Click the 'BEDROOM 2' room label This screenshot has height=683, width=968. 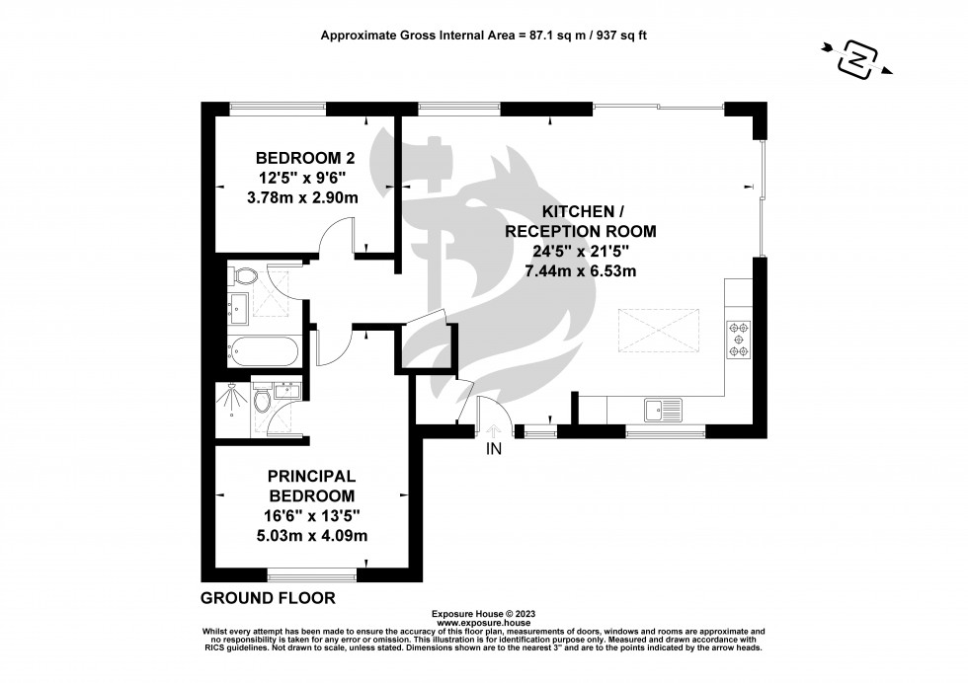[x=305, y=158]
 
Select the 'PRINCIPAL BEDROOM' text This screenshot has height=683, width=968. [x=311, y=486]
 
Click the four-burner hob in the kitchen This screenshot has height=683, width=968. [x=738, y=339]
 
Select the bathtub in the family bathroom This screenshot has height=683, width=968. [x=261, y=348]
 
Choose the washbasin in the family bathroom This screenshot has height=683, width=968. [x=238, y=309]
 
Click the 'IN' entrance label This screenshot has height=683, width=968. [x=494, y=450]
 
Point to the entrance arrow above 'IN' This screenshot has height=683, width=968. [x=494, y=429]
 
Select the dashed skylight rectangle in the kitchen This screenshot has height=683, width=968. [x=659, y=329]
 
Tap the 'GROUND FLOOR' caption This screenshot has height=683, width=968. [x=268, y=598]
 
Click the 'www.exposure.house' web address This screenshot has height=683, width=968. [x=484, y=624]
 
